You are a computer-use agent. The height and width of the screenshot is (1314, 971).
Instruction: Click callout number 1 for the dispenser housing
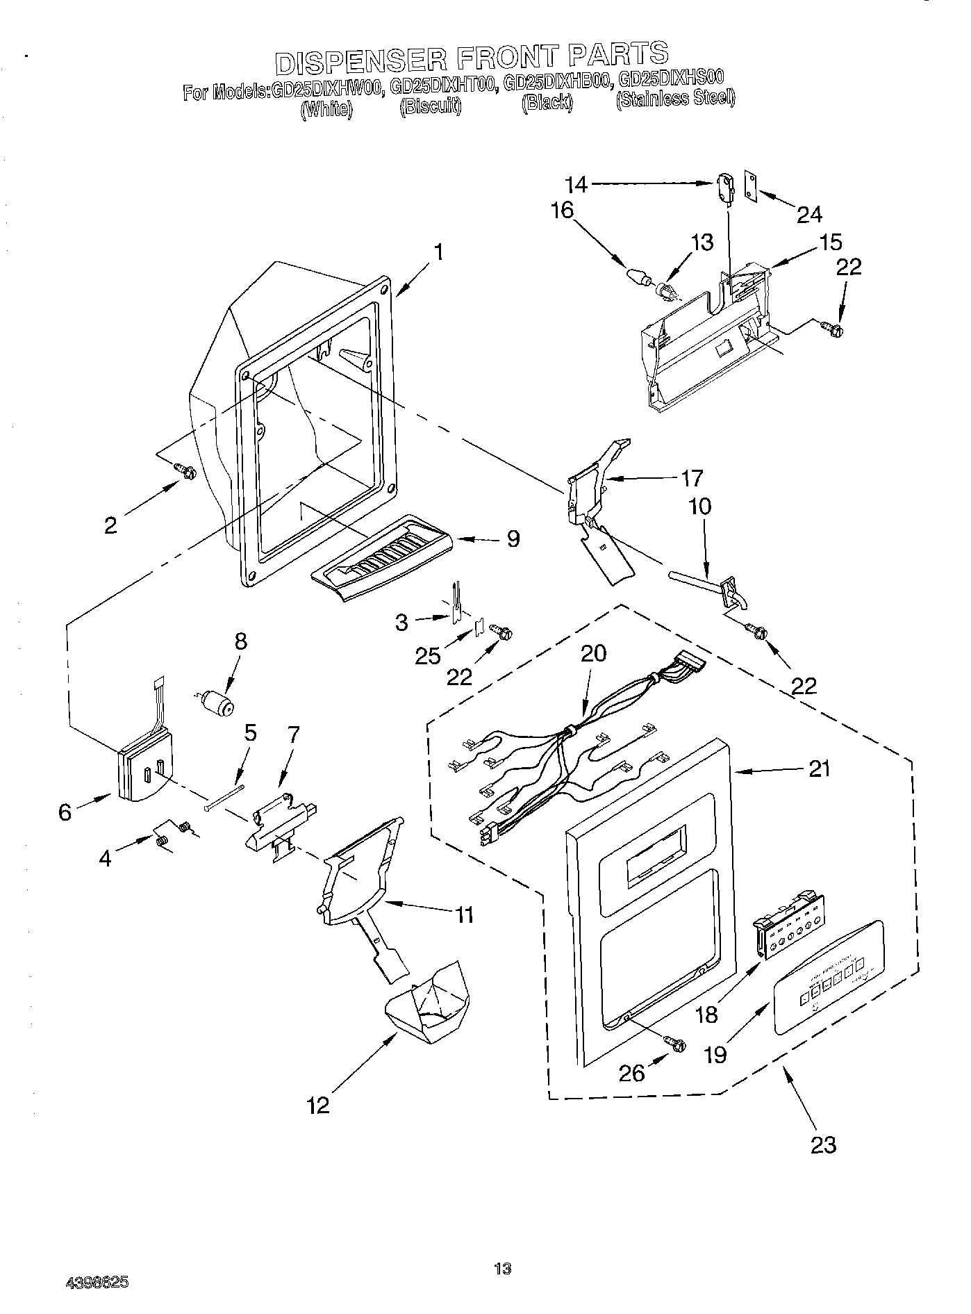coord(439,252)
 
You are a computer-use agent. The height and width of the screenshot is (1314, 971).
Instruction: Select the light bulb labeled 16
coord(638,276)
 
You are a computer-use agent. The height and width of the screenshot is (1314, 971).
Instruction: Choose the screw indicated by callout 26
coord(675,1043)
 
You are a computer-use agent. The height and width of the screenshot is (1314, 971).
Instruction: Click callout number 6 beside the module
coord(65,811)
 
